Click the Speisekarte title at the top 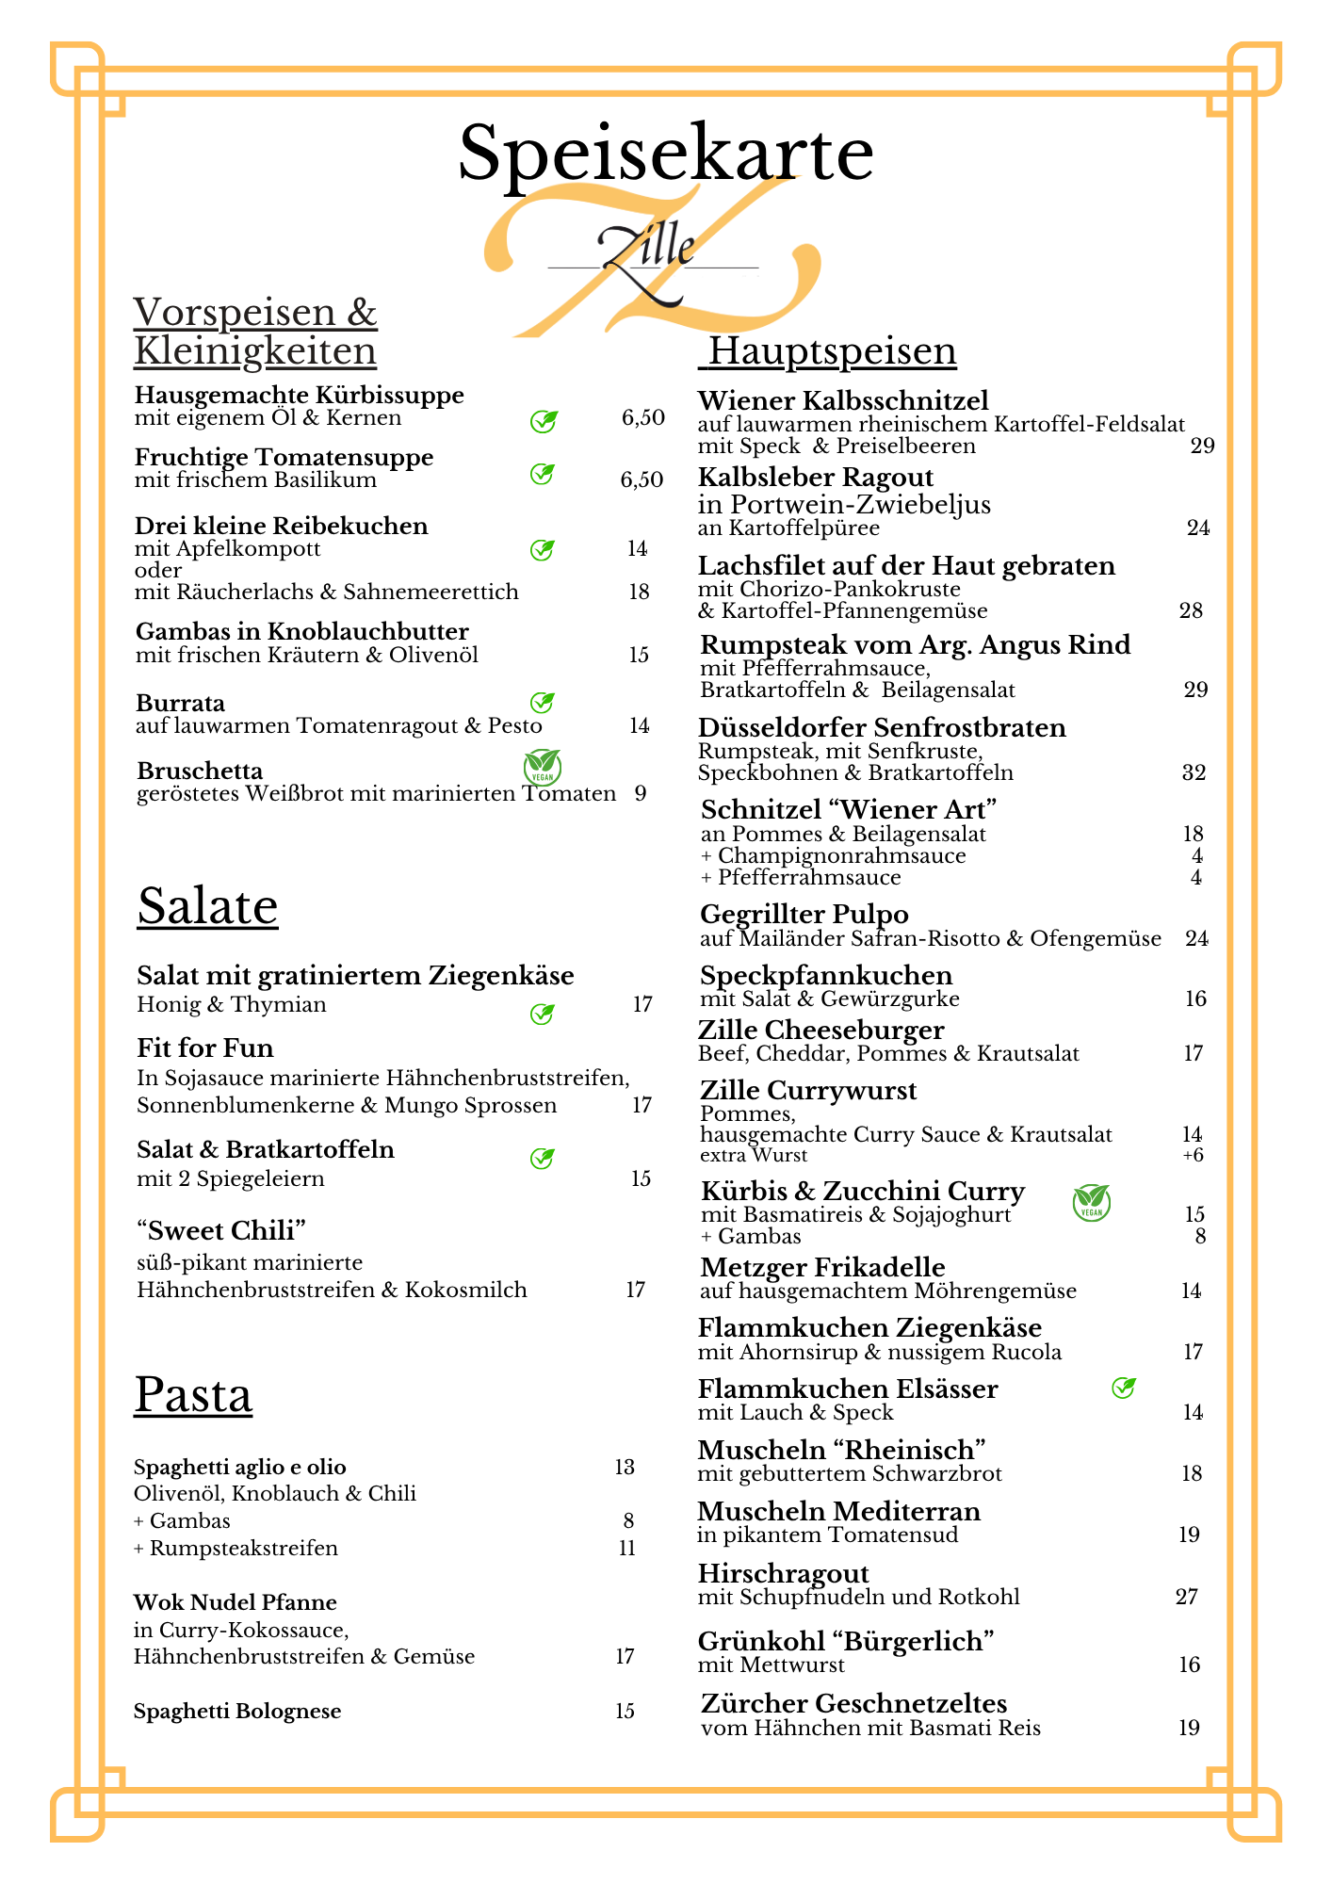click(x=665, y=154)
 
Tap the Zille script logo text click(x=647, y=249)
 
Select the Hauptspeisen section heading click(x=832, y=350)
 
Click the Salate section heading click(x=207, y=906)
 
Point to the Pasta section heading click(x=193, y=1394)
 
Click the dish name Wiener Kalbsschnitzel click(x=843, y=400)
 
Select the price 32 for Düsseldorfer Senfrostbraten click(x=1194, y=773)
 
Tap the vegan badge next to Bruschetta click(x=542, y=767)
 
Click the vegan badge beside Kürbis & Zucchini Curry click(x=1092, y=1203)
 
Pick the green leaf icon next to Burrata click(x=542, y=703)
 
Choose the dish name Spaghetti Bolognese click(x=237, y=1711)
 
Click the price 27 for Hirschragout click(x=1187, y=1597)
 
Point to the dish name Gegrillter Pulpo click(x=804, y=915)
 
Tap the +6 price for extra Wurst click(x=1194, y=1156)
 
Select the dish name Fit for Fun click(x=205, y=1048)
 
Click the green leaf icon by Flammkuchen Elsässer click(x=1123, y=1388)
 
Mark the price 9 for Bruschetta click(x=641, y=793)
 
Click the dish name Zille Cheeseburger click(x=820, y=1030)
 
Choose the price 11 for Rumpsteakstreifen click(x=627, y=1548)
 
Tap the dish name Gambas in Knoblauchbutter click(x=301, y=631)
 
